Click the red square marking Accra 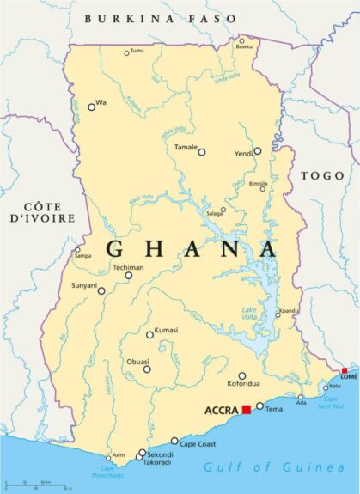247,410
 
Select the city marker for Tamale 202,152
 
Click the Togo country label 321,175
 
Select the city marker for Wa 91,107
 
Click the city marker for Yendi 257,150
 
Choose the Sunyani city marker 101,290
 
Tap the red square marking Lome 345,371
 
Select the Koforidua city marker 242,375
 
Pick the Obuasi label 137,361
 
